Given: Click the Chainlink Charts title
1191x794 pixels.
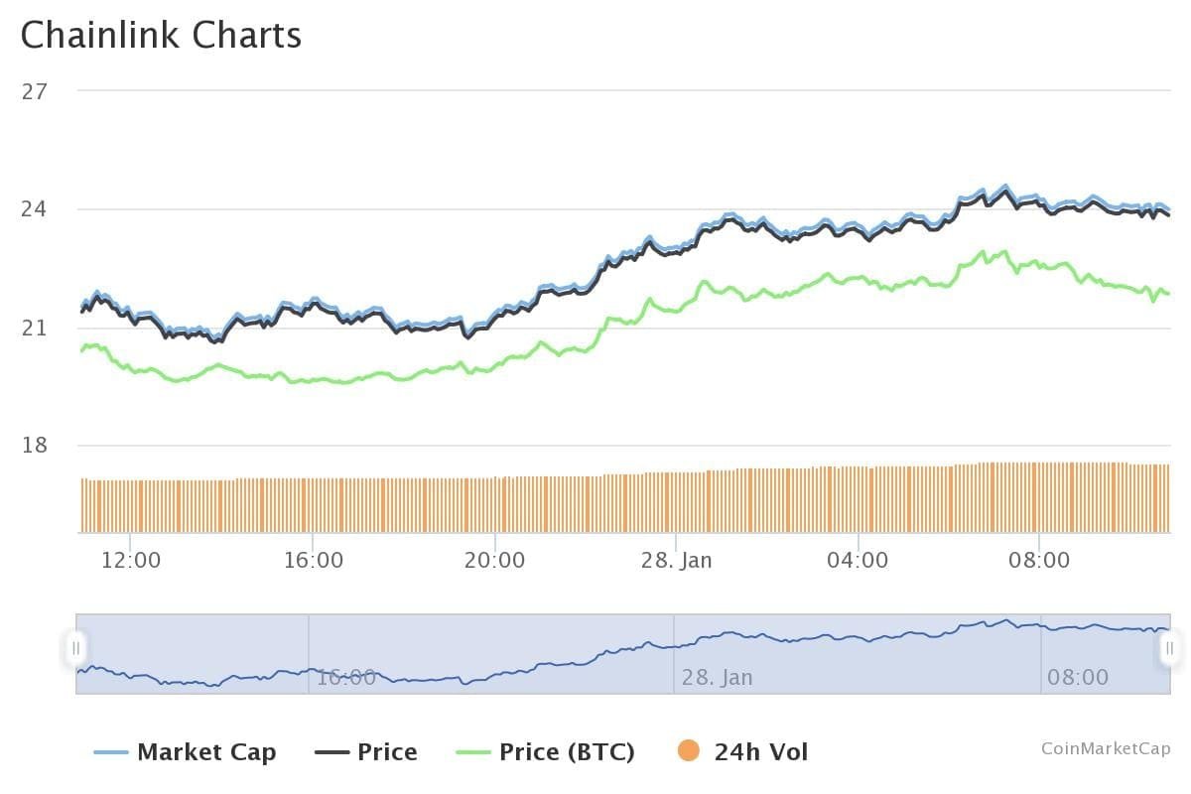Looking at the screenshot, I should [x=161, y=36].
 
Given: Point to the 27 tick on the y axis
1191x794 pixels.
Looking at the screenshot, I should [x=35, y=91].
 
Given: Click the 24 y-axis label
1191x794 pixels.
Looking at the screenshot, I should [x=35, y=209].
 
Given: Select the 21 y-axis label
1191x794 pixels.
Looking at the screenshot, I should [x=35, y=328].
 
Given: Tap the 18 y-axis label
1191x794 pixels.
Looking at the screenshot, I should [x=35, y=445].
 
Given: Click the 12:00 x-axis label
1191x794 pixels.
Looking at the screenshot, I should [x=131, y=561].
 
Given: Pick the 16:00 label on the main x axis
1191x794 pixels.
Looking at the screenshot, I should [x=313, y=561].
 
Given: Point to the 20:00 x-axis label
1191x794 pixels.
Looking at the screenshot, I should [x=494, y=561].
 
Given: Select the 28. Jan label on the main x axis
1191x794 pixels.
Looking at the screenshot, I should [x=676, y=561].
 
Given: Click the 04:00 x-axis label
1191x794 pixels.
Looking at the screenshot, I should [x=858, y=561].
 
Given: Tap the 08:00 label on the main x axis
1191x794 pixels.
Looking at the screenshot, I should [x=1039, y=561].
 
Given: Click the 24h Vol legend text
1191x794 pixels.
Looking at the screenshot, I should [x=761, y=752].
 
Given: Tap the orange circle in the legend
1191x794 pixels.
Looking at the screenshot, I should [x=689, y=751].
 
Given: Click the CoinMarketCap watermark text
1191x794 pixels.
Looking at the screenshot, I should [x=1106, y=748].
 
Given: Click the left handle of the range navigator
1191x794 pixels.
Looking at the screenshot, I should [x=76, y=648].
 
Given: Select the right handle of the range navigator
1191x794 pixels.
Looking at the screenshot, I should [x=1169, y=648].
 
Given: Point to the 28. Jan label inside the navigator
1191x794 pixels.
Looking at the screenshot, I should [x=717, y=678].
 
